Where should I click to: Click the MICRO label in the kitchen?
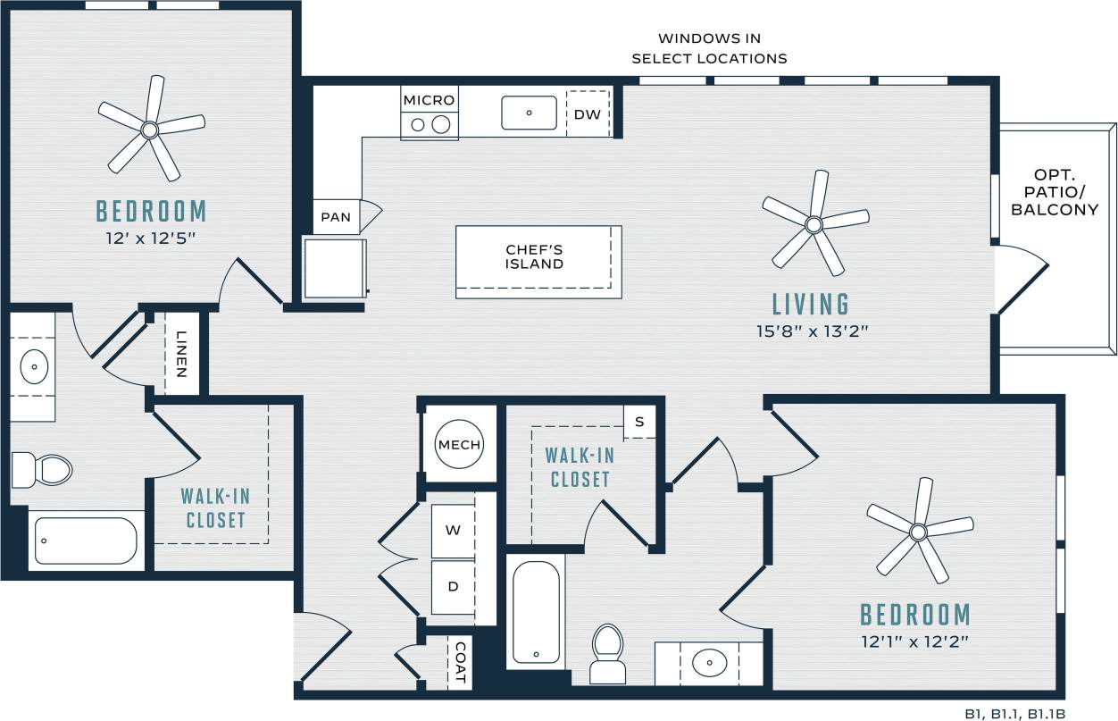(429, 100)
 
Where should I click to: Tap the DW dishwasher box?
(587, 113)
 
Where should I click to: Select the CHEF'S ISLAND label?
(534, 256)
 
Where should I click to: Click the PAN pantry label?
(336, 217)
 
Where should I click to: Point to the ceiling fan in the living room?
(813, 223)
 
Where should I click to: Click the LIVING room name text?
(811, 305)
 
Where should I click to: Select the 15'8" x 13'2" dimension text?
(811, 331)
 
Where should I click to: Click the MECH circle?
(459, 445)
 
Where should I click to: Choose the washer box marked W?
(454, 530)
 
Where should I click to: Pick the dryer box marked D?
(454, 587)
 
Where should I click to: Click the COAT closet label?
(460, 662)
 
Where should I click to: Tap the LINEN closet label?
(180, 354)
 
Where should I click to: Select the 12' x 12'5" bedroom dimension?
(150, 239)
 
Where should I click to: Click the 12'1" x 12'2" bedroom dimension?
(914, 641)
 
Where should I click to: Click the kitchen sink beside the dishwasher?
(529, 113)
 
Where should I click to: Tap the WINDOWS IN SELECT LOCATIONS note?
(709, 48)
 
